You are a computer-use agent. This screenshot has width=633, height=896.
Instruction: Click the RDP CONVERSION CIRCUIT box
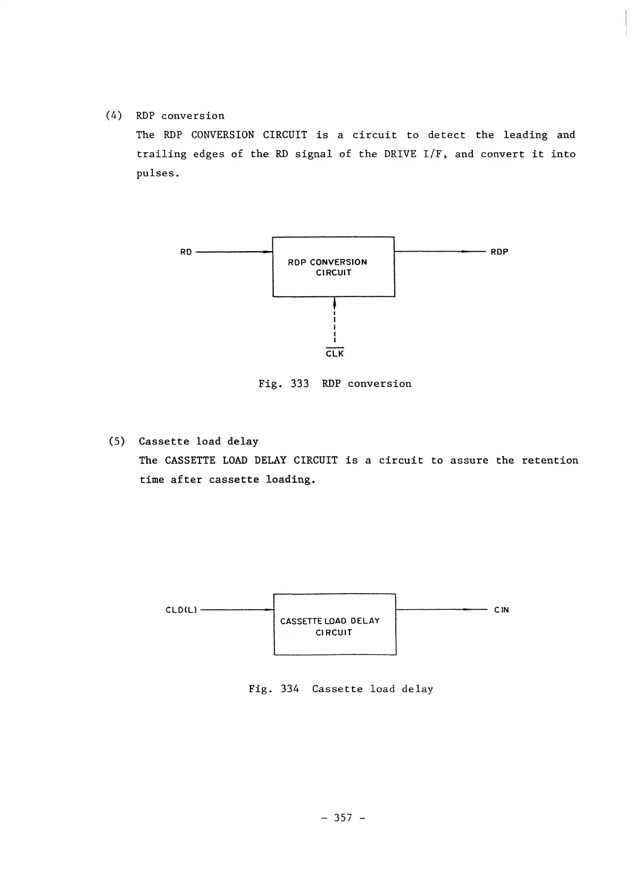pyautogui.click(x=334, y=267)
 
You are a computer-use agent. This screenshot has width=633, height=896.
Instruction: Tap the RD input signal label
pyautogui.click(x=186, y=252)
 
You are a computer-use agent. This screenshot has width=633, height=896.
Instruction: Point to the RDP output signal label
pyautogui.click(x=499, y=252)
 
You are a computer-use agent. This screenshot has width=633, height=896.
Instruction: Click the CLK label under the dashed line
pyautogui.click(x=335, y=354)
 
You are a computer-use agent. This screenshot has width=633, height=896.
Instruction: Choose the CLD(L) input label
pyautogui.click(x=181, y=610)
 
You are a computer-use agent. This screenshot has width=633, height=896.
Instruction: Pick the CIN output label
pyautogui.click(x=501, y=610)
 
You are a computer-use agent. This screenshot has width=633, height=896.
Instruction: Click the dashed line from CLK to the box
pyautogui.click(x=335, y=325)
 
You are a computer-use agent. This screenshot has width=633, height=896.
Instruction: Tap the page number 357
pyautogui.click(x=343, y=818)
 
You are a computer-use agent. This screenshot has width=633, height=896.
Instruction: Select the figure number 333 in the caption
pyautogui.click(x=299, y=384)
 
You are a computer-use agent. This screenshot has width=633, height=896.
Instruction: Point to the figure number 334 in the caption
pyautogui.click(x=289, y=689)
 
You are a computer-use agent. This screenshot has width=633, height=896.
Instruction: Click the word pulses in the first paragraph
pyautogui.click(x=157, y=173)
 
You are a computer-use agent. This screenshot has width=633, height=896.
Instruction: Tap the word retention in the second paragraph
pyautogui.click(x=549, y=460)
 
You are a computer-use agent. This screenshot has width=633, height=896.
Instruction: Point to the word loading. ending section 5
pyautogui.click(x=290, y=480)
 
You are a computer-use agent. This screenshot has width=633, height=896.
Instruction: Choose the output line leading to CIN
pyautogui.click(x=442, y=610)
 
